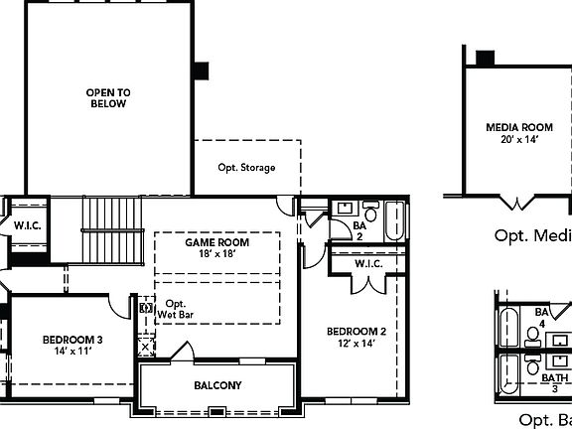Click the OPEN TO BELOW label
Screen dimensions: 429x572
click(108, 97)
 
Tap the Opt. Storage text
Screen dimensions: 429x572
click(246, 168)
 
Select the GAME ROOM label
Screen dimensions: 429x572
click(216, 242)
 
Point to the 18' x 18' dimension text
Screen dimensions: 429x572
click(216, 254)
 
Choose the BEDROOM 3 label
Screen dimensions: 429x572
click(72, 341)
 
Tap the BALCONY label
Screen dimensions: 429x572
click(217, 385)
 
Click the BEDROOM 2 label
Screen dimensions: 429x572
click(357, 332)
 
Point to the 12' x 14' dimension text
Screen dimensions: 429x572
click(357, 344)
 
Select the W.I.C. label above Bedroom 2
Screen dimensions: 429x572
click(368, 264)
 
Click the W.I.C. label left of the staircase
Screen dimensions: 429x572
click(27, 225)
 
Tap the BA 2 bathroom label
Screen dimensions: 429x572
click(359, 230)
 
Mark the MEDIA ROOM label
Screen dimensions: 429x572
click(518, 128)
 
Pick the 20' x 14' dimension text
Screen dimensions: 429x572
click(518, 140)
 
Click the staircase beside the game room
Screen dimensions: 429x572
click(112, 229)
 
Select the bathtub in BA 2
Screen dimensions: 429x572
click(394, 221)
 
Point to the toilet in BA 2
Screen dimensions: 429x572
click(369, 213)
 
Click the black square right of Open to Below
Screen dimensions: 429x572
click(202, 71)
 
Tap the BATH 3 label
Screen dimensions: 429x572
click(554, 383)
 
